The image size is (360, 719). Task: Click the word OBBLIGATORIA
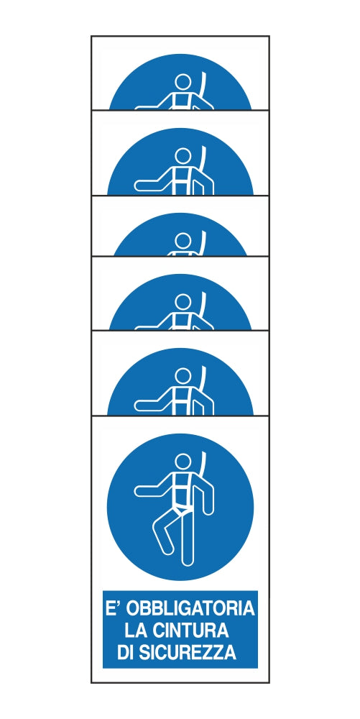tap(190, 608)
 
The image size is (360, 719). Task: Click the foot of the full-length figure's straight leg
tap(187, 560)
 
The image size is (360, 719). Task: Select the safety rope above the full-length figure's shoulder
tap(203, 465)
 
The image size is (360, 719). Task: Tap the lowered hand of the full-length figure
tap(208, 510)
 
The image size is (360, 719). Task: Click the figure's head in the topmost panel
tap(183, 83)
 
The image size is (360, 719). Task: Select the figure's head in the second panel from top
tap(183, 156)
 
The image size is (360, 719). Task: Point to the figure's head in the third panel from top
tap(183, 240)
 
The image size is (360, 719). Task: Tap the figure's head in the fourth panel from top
tap(183, 302)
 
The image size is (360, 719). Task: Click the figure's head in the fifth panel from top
tap(183, 376)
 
